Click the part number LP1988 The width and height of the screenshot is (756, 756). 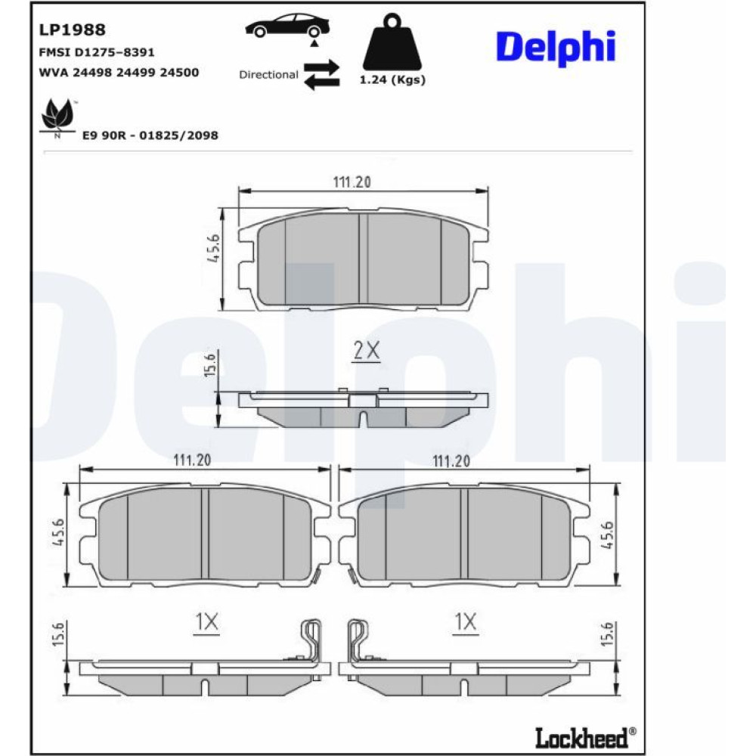click(72, 30)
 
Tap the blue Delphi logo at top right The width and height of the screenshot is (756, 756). click(556, 48)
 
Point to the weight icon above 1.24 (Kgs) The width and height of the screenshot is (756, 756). click(392, 42)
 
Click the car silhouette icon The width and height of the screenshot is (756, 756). click(287, 26)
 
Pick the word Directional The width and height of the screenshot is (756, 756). click(268, 75)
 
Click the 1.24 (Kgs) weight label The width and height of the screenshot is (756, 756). click(392, 80)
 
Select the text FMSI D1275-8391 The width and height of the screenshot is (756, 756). click(97, 52)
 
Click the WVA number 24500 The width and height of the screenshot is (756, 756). click(179, 73)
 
